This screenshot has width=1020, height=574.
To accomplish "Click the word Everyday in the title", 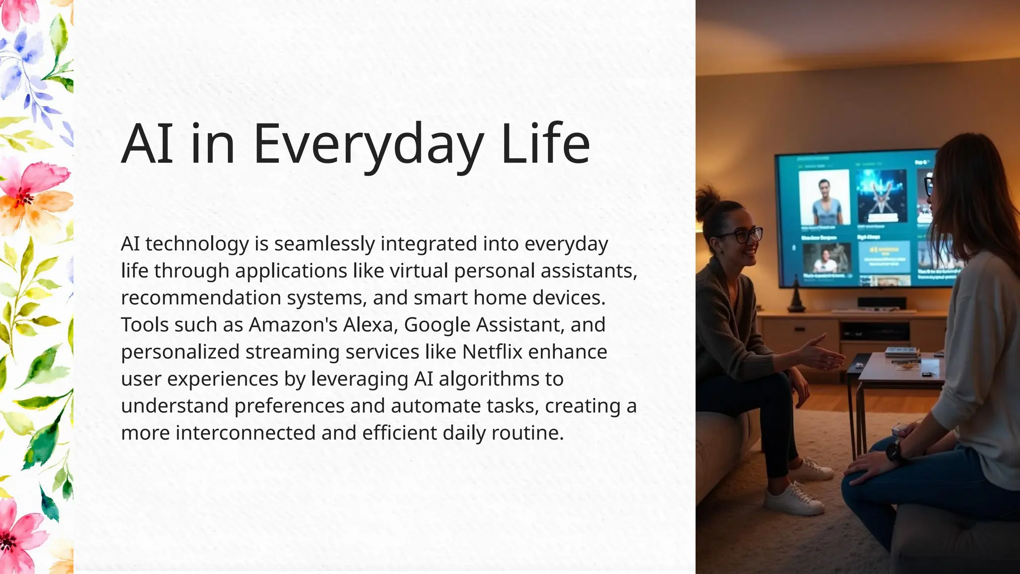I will point(368,144).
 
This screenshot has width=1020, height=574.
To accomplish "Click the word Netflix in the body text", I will point(492,352).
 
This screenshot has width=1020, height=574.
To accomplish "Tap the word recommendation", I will point(201,298).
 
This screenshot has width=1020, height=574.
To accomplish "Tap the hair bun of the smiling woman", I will point(707,201).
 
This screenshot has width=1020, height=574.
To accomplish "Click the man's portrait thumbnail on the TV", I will point(824,197).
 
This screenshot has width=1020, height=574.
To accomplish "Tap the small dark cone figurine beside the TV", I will point(795,299).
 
